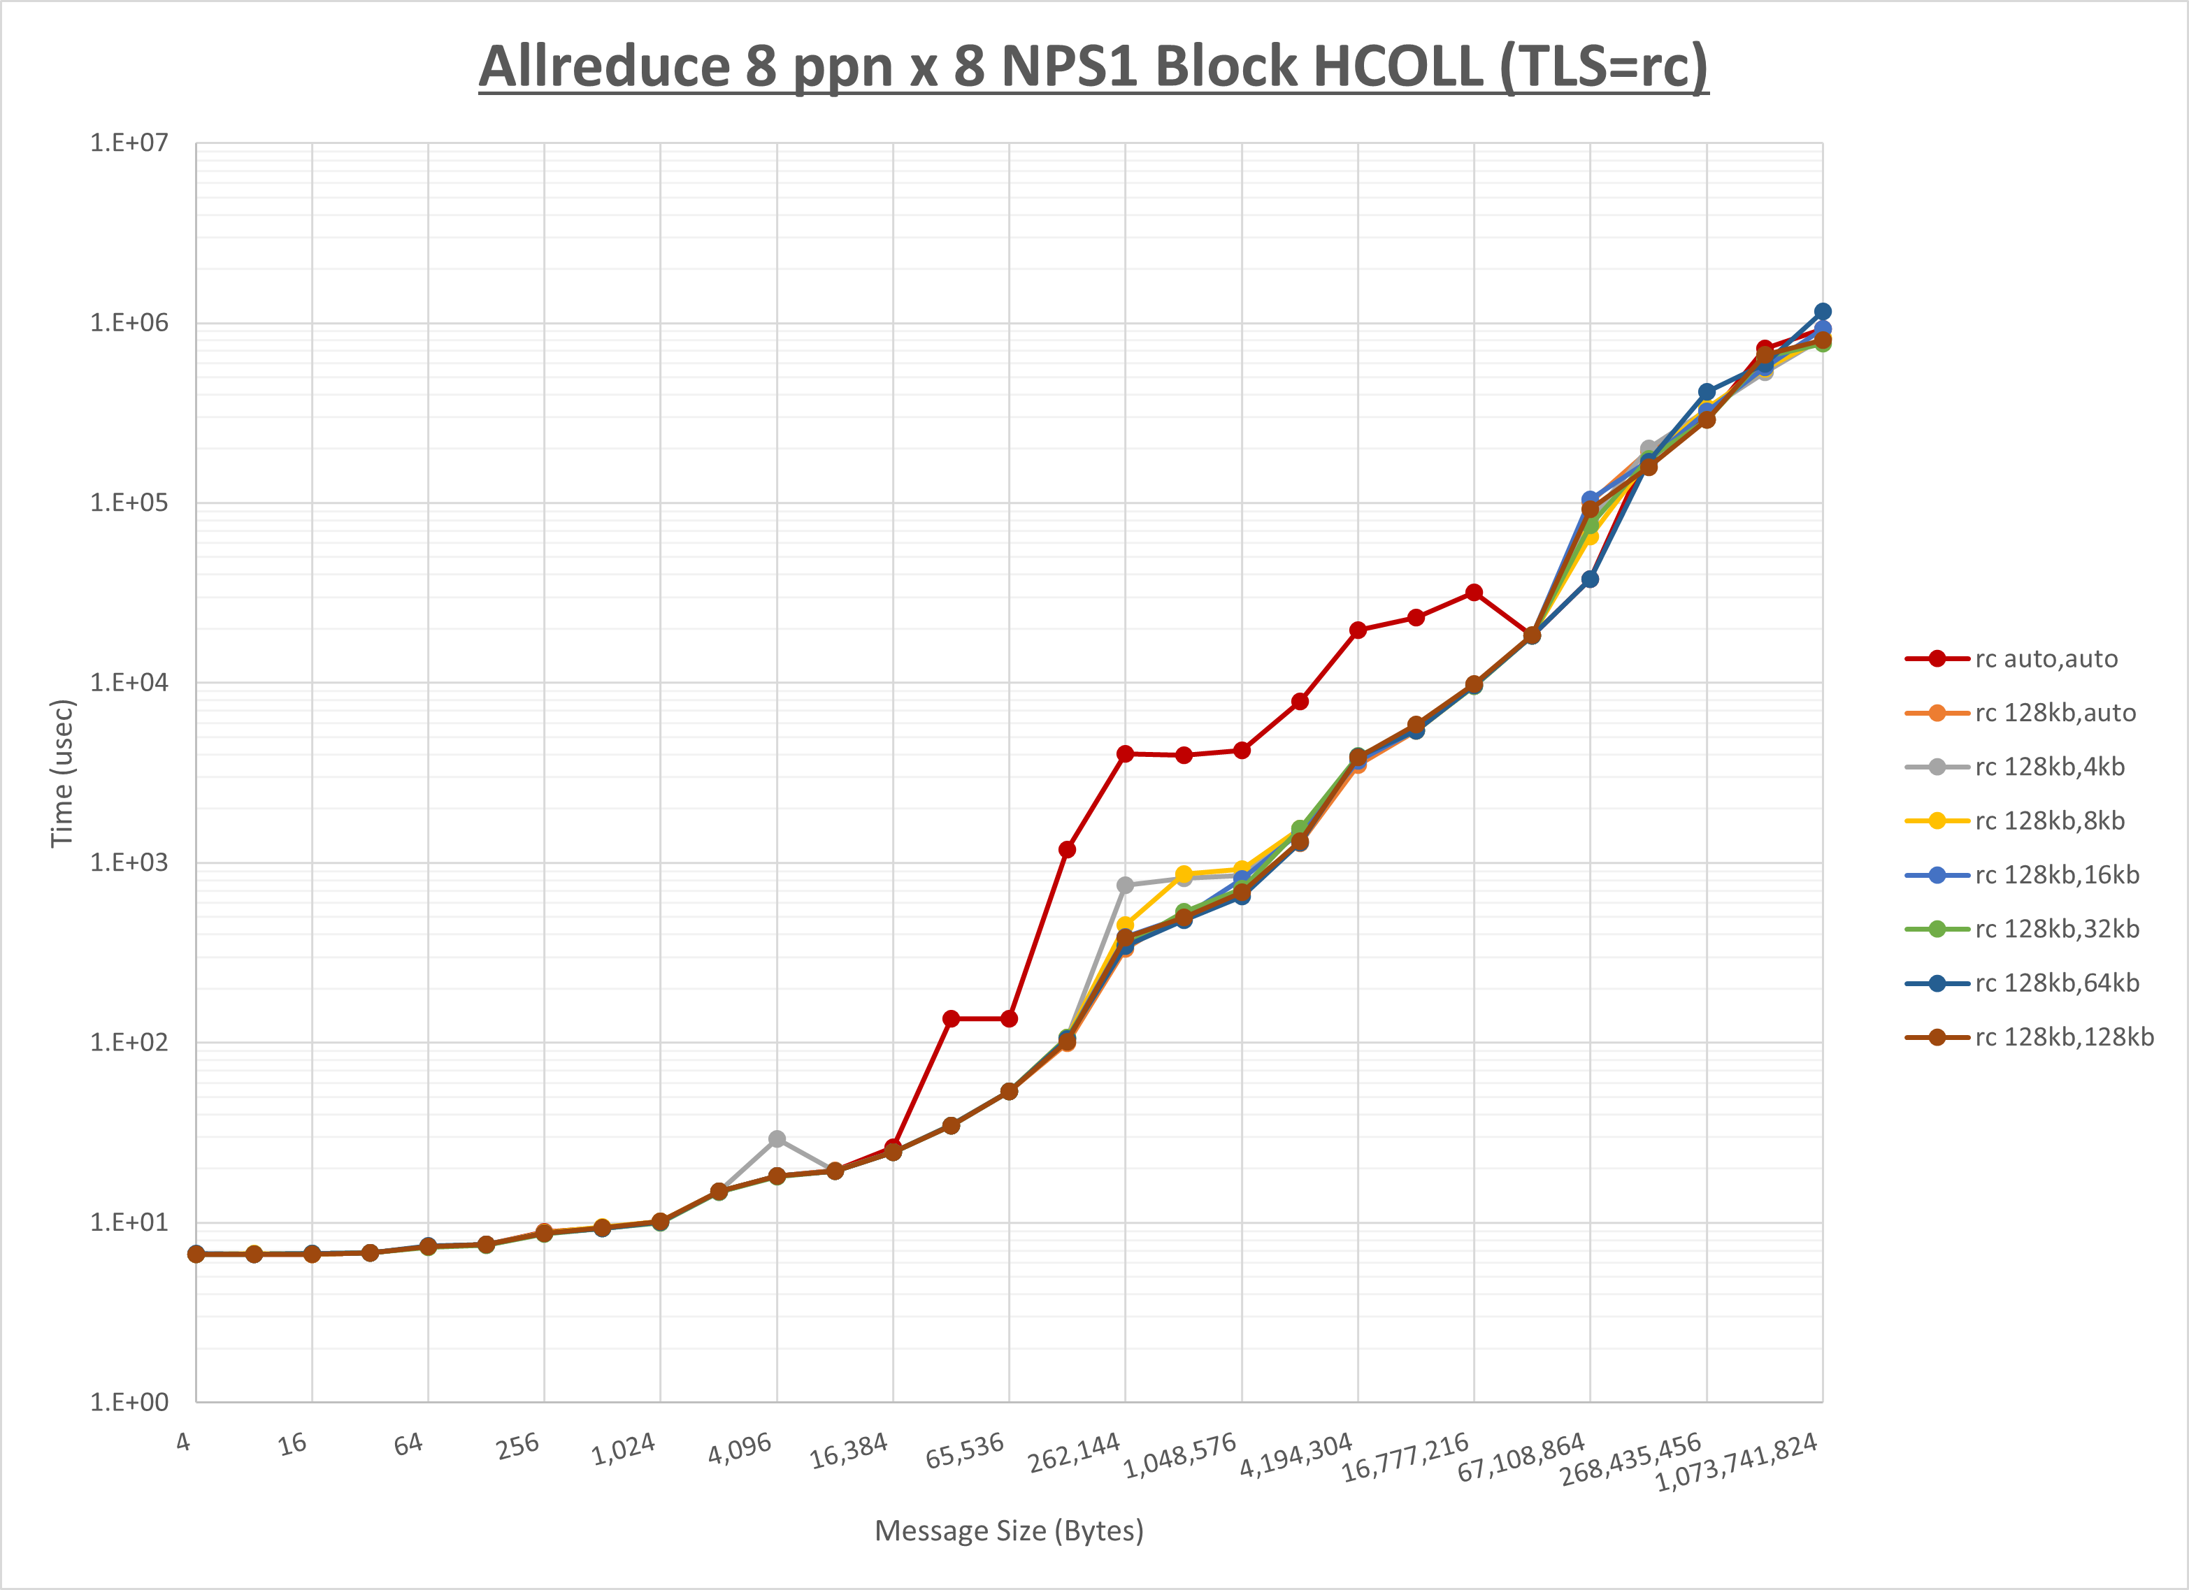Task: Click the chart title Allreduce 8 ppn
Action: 1093,66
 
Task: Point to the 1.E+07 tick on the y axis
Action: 129,143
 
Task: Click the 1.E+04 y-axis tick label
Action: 129,683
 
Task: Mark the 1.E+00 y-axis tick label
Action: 129,1403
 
